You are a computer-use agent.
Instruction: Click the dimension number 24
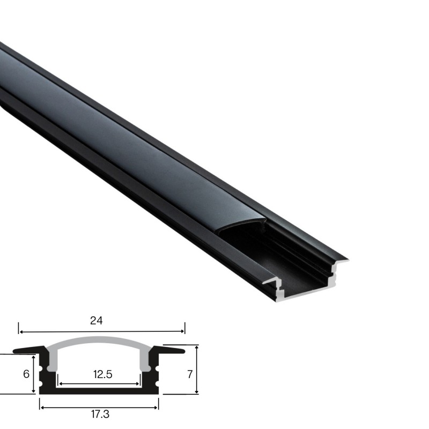(x=97, y=321)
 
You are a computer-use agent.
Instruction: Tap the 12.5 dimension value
(x=102, y=375)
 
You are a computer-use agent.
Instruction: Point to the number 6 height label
(x=26, y=374)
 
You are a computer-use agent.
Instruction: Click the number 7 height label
(x=189, y=374)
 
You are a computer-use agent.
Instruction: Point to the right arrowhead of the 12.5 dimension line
(x=138, y=384)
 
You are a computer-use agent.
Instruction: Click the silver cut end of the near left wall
(x=280, y=289)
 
